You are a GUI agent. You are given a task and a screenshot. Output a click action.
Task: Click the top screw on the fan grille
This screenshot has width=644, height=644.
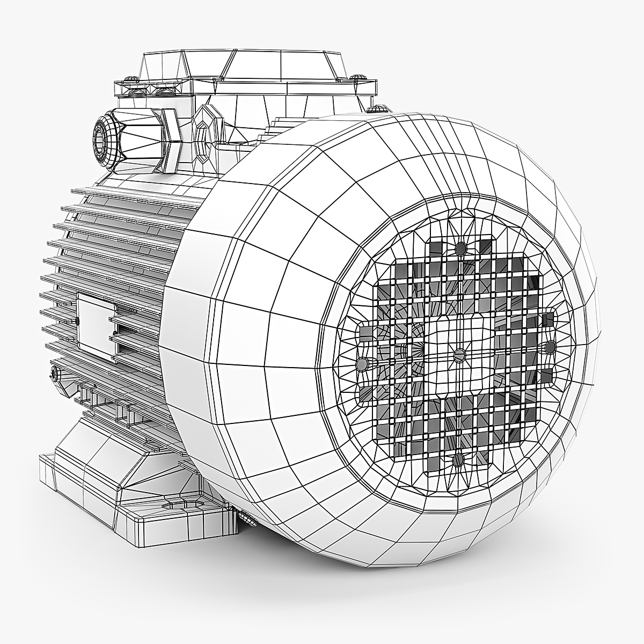(x=460, y=248)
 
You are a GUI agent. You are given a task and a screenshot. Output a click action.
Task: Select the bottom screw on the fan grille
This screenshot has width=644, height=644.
(x=458, y=460)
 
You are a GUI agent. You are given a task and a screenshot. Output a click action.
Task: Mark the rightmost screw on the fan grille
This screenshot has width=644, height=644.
(x=551, y=347)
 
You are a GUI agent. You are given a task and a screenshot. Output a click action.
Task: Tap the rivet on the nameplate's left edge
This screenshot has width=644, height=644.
(x=79, y=321)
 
